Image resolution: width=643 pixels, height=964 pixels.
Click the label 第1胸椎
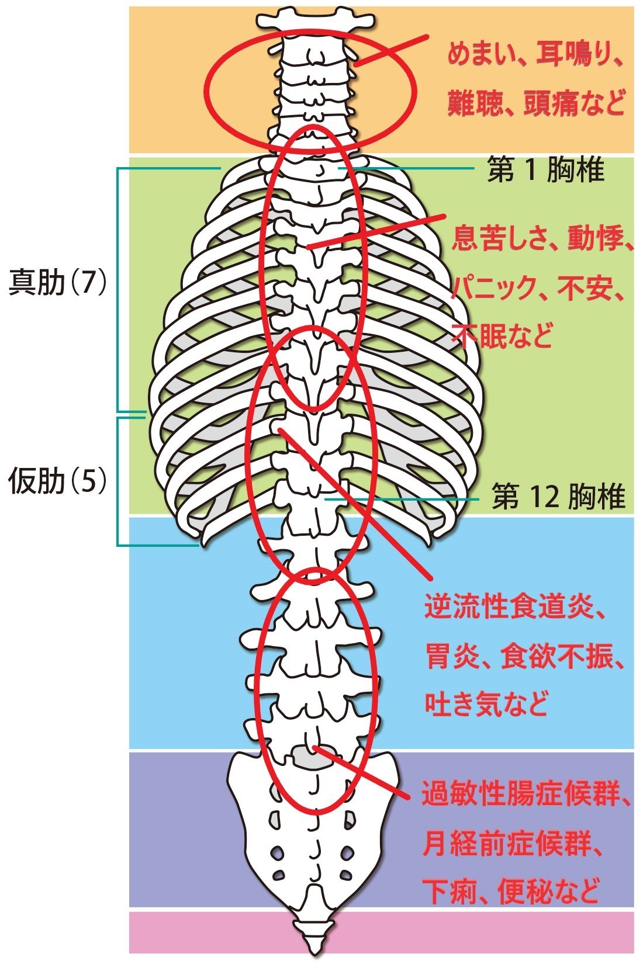[545, 171]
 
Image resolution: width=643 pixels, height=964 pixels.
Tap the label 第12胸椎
[558, 497]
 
